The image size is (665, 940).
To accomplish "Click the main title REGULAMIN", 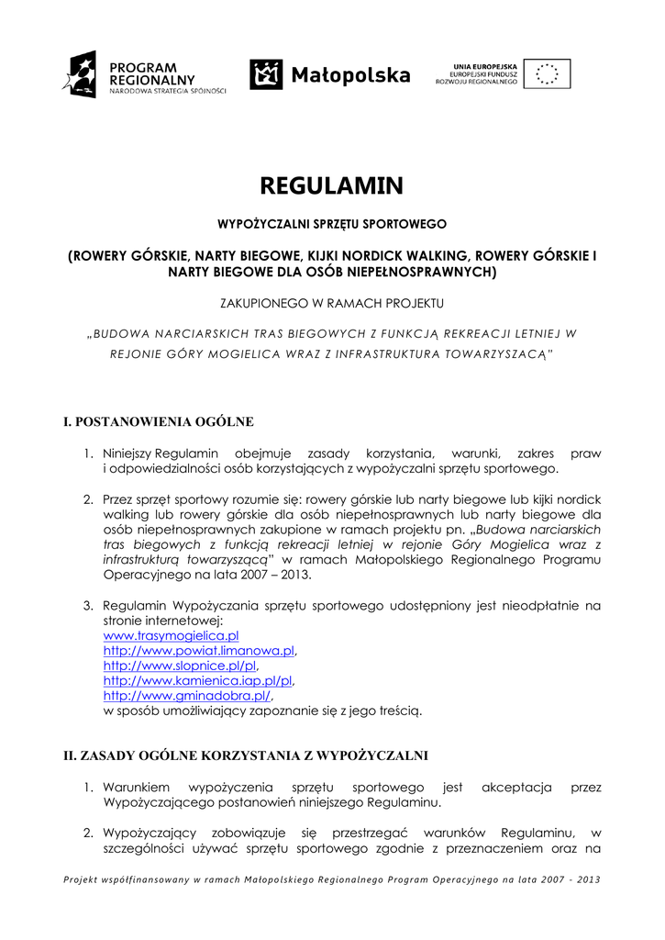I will pos(332,186).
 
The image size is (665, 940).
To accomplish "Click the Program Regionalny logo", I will pos(143,73).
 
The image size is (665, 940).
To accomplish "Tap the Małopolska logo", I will pos(330,74).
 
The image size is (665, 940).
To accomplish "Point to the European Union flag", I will pos(549,73).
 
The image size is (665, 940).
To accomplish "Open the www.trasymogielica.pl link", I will pos(172,635).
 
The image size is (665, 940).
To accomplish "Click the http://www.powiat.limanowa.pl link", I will pos(198,650).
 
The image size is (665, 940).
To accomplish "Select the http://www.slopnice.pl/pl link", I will pos(180,665).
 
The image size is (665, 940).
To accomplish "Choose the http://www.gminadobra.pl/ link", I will pos(188,695).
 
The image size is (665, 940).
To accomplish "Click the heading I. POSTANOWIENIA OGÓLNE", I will pos(158,422).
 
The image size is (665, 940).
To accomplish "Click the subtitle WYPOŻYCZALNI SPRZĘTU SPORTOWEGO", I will pos(331,223).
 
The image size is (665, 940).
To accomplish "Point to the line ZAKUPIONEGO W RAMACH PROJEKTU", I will pos(332,302).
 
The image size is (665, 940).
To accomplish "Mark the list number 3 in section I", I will pos(89,606).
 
